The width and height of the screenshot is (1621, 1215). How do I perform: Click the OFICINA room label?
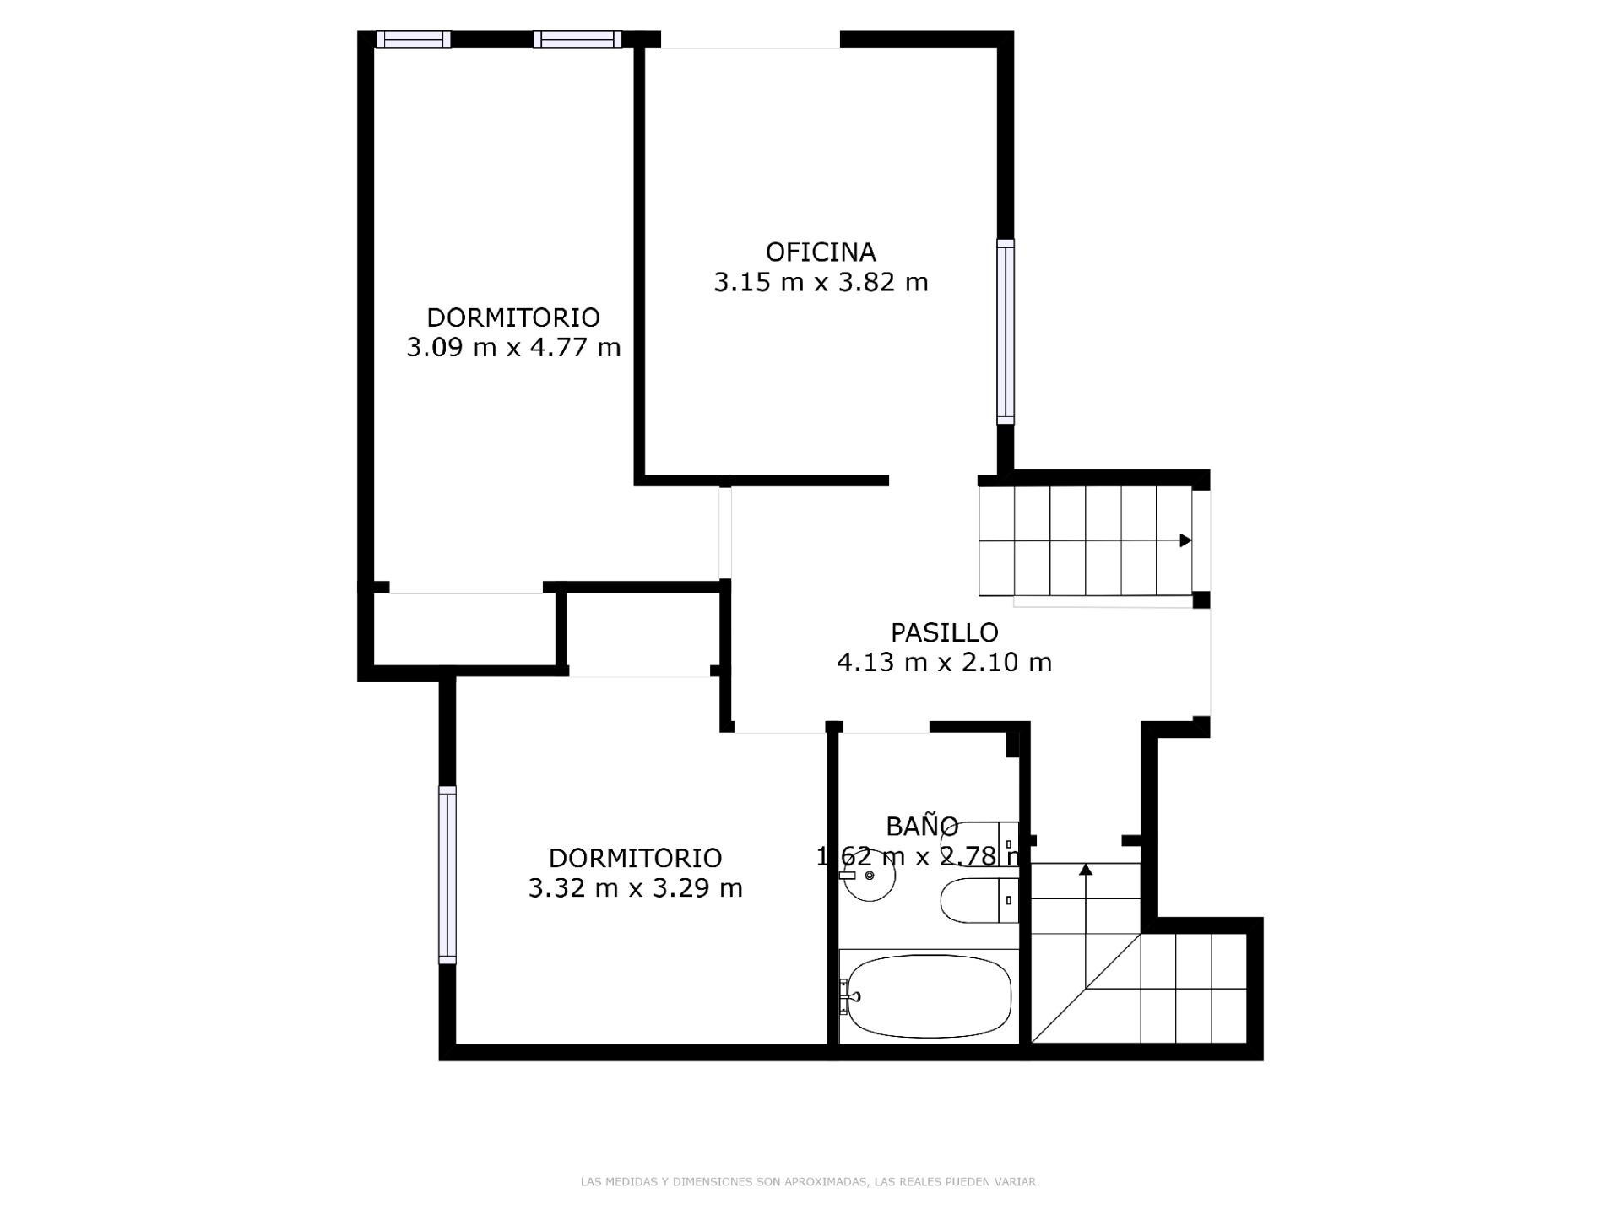coord(820,252)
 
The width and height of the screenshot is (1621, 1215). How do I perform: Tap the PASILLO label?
coord(944,632)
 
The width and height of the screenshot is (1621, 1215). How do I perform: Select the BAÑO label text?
coord(921,826)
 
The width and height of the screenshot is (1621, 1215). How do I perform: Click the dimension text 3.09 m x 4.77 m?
coord(513,347)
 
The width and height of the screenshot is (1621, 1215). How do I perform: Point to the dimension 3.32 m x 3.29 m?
coord(635,888)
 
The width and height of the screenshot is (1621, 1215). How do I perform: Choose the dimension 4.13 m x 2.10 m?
coord(944,662)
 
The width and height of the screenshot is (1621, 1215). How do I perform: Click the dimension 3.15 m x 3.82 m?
coord(821,282)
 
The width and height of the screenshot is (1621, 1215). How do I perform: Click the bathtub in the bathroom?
coord(929,996)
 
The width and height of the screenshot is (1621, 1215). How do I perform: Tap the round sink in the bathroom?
coord(869,876)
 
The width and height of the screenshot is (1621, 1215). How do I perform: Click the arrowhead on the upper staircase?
coord(1185,540)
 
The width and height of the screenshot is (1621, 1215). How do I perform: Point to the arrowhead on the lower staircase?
coord(1086,869)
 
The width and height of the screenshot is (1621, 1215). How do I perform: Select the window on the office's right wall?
coord(1006,330)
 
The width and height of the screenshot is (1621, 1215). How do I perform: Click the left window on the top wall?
coord(413,40)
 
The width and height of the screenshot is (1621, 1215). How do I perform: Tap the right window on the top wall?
coord(577,40)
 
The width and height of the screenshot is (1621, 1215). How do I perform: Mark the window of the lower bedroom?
coord(447,875)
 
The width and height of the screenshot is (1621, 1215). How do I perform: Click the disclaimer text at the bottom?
coord(810,1182)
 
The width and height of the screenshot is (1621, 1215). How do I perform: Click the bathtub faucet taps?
coord(847,996)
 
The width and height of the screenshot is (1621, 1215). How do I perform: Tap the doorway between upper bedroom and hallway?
coord(725,532)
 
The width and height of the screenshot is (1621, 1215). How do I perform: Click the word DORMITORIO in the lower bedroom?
coord(635,858)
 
